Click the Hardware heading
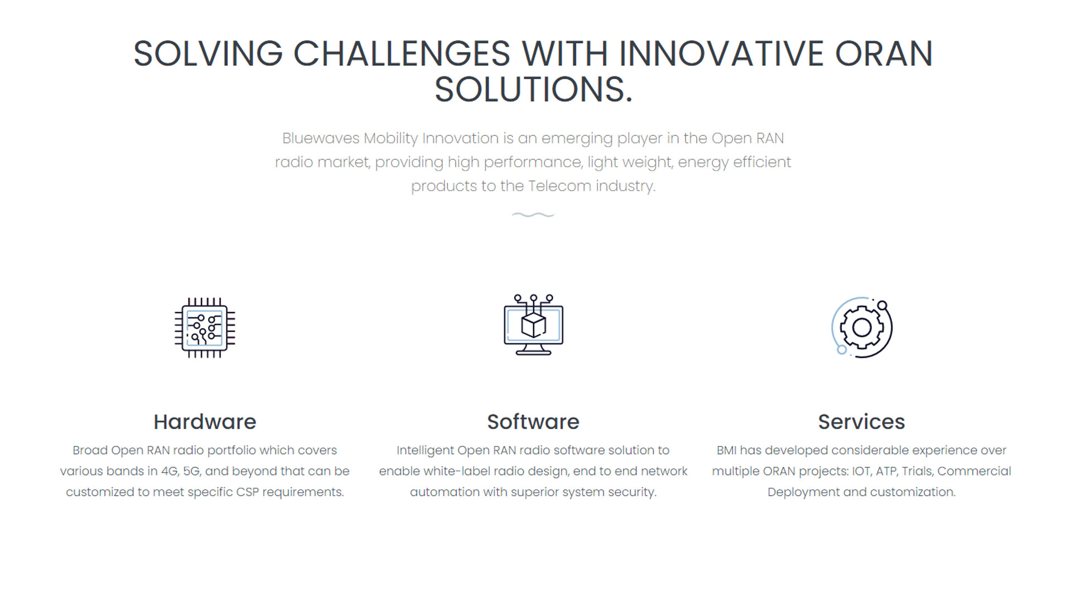[205, 422]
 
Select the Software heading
[533, 422]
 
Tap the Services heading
[861, 422]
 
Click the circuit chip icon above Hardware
[205, 328]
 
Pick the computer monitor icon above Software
[533, 325]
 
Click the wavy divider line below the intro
[533, 215]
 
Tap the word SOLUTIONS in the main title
[528, 90]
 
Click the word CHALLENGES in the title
[402, 54]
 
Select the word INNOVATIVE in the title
[721, 54]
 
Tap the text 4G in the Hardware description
[169, 472]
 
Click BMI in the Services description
[726, 450]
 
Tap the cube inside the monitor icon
[533, 325]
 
